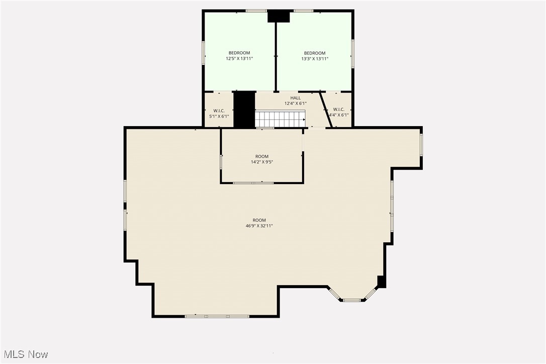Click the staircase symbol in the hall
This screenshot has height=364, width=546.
281,119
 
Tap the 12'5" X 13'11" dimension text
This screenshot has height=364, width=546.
239,58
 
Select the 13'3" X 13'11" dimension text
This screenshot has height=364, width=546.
315,59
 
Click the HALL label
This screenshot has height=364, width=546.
295,98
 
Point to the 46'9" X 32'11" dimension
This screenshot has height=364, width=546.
259,226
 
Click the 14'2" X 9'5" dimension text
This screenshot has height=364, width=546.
262,162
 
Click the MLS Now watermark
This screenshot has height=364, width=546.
26,354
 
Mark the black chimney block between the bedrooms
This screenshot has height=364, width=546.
279,17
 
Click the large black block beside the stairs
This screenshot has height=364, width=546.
244,110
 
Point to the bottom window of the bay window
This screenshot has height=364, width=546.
352,300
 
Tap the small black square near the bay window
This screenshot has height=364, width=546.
382,282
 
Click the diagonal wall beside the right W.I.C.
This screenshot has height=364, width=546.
326,110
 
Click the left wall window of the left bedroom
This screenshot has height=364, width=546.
204,53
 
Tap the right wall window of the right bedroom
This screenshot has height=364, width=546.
352,53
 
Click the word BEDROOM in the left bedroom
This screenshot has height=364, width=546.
239,53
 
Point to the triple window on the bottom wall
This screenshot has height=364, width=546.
217,316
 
